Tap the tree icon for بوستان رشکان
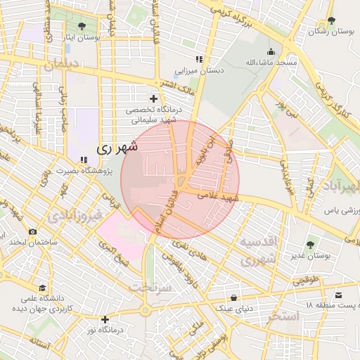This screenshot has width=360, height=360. click(x=331, y=21)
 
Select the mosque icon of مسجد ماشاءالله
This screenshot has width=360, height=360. click(x=271, y=51)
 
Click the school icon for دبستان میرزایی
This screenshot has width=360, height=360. click(x=199, y=60)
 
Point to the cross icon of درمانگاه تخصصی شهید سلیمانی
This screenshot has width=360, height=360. click(x=153, y=98)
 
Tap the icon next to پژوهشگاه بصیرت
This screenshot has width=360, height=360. click(x=84, y=160)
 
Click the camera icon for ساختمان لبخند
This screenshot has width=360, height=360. click(x=32, y=231)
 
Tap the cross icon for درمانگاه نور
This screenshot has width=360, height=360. click(x=105, y=319)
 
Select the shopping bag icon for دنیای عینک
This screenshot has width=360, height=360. click(x=233, y=297)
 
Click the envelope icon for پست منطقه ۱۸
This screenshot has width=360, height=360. click(x=339, y=295)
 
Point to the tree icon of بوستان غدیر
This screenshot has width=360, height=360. click(x=311, y=244)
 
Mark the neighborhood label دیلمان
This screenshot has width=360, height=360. click(x=63, y=66)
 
